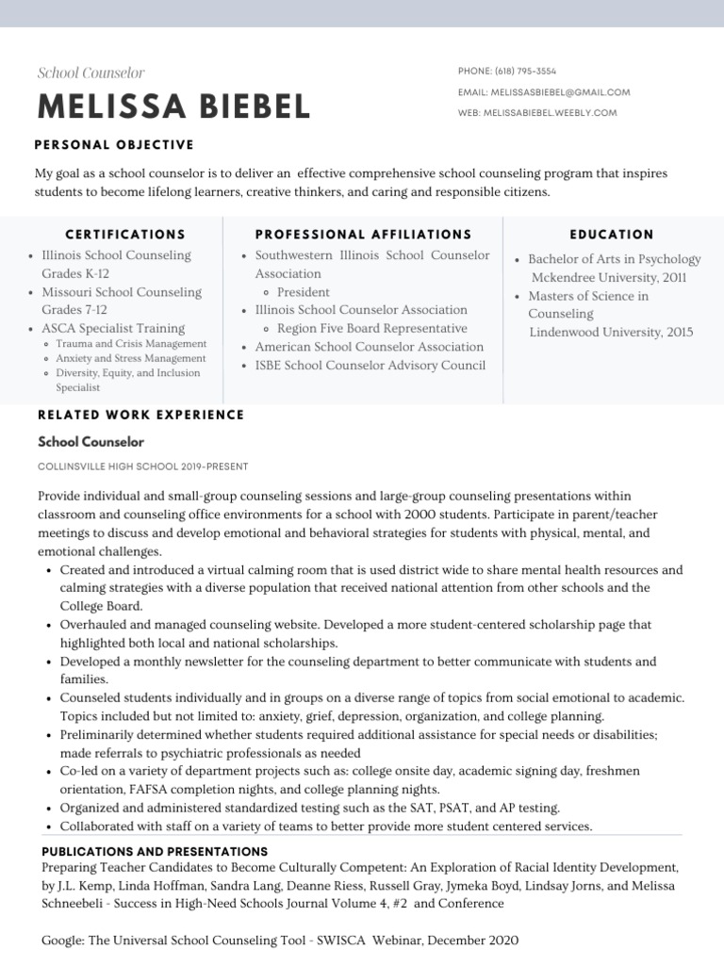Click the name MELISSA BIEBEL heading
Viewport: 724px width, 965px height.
173,106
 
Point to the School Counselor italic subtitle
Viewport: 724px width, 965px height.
90,73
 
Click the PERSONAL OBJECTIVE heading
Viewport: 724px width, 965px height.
114,144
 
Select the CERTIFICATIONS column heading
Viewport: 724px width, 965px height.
125,234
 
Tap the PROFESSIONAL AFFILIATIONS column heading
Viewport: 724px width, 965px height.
363,234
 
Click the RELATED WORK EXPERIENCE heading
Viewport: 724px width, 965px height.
140,415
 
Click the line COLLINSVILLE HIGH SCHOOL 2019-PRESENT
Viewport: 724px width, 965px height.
142,466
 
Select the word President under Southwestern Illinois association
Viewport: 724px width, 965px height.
303,292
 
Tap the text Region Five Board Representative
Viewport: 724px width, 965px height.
371,328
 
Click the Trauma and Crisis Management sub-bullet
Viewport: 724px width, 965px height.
130,344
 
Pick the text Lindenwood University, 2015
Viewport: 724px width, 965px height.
611,332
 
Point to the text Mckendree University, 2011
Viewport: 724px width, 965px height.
609,278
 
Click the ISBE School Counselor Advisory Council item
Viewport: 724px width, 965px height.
370,365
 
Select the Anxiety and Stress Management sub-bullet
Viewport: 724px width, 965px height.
130,358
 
